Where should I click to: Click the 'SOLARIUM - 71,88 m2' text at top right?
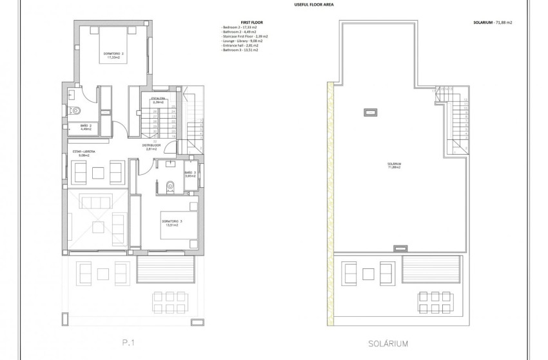[x=492, y=22]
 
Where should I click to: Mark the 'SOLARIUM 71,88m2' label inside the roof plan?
[x=395, y=166]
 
